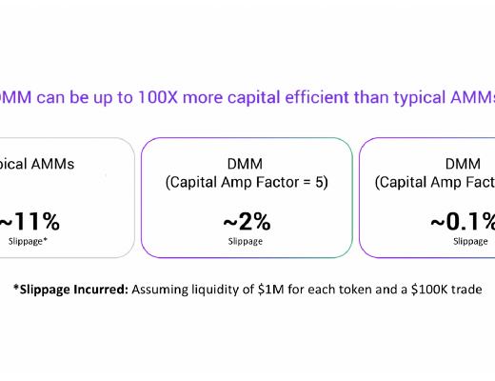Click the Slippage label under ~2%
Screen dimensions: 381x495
tap(247, 242)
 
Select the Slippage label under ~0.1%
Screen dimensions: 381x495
tap(470, 242)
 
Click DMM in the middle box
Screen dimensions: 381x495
tap(247, 164)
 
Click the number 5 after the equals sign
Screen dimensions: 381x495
tap(322, 181)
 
